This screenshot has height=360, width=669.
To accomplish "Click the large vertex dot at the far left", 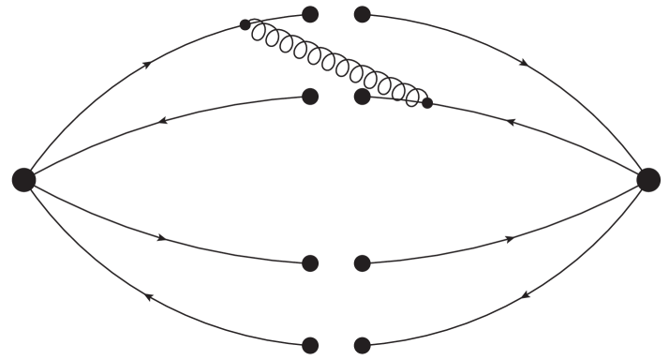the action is point(24,179).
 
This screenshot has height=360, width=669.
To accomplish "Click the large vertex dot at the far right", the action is point(647,179).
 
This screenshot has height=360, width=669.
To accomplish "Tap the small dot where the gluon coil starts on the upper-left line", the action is point(245,25).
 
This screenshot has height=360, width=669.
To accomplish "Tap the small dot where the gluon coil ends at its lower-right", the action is point(427,103).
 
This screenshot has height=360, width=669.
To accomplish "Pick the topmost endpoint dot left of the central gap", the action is point(311,14).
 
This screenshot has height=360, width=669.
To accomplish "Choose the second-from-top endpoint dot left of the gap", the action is point(311,96).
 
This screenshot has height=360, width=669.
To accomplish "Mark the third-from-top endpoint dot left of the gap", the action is point(311,263).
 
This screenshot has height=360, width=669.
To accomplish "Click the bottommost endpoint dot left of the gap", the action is point(311,344).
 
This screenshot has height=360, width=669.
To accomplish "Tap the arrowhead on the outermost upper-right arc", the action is point(523,64).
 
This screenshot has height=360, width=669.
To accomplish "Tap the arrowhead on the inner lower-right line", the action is point(511,239).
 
